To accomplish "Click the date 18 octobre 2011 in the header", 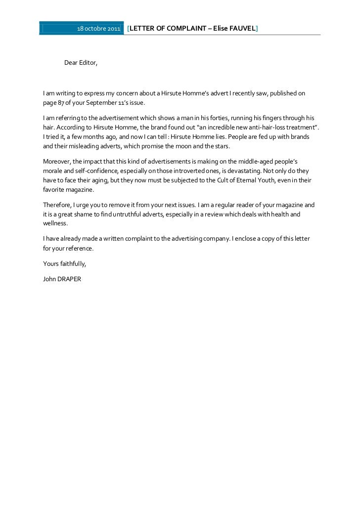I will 98,29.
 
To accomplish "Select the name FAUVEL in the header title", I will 241,29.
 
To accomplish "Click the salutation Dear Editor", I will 81,63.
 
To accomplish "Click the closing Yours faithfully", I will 65,263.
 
